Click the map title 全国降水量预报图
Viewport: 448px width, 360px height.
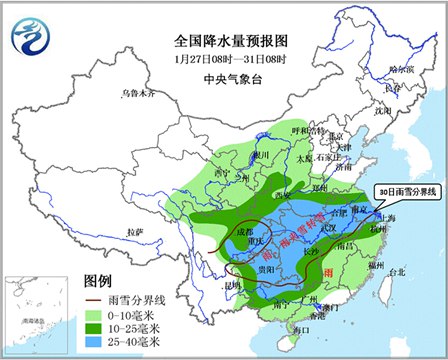(x=223, y=41)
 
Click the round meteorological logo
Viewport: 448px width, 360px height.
(x=32, y=37)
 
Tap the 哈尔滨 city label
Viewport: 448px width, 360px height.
(x=400, y=70)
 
